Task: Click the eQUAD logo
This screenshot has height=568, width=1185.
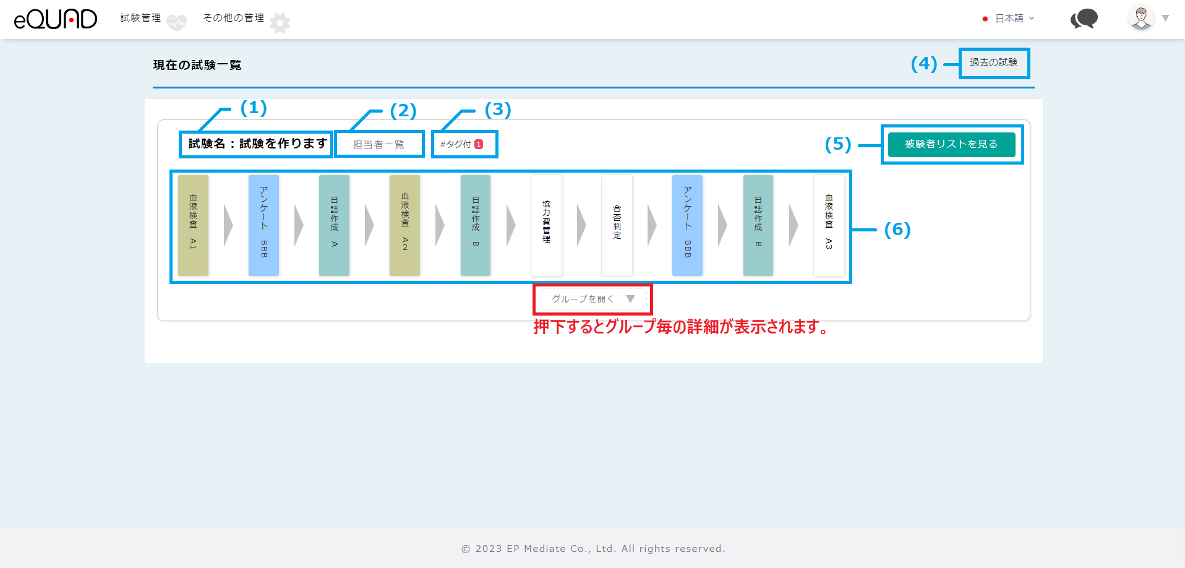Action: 56,19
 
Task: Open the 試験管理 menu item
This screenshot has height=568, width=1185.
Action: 141,18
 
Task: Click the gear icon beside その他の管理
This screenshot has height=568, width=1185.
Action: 280,23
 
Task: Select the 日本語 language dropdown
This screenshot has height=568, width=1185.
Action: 1009,19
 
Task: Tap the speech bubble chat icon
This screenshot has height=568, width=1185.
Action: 1084,19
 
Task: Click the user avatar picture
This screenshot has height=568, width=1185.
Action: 1141,18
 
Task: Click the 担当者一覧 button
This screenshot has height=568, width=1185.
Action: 379,144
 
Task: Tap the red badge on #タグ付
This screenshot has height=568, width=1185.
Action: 479,144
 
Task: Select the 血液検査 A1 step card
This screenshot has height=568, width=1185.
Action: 193,225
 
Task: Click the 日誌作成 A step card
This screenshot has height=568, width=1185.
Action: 334,225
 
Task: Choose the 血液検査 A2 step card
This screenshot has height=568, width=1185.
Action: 404,225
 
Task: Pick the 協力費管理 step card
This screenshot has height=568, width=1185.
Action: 546,225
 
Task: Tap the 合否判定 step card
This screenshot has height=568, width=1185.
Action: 617,225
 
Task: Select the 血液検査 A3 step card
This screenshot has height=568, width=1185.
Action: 829,225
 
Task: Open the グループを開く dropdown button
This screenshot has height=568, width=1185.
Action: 593,299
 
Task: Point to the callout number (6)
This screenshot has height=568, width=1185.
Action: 897,230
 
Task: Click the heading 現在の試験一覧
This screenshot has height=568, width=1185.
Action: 197,65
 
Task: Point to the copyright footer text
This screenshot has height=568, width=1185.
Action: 593,549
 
